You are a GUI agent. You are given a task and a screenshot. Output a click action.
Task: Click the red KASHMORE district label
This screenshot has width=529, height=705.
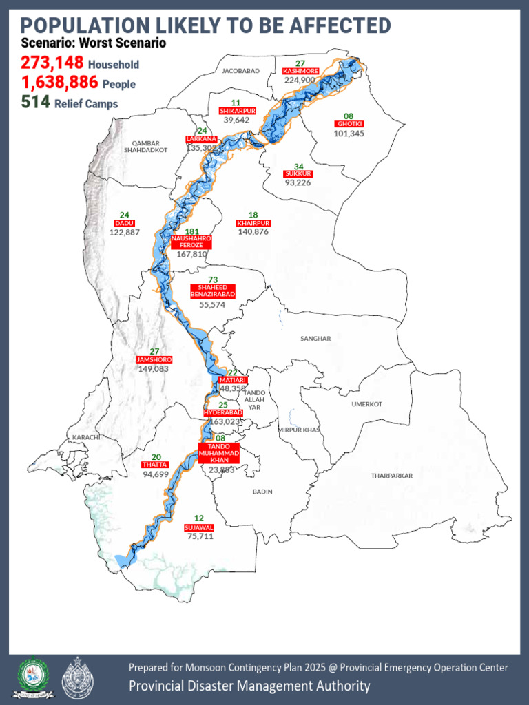click(x=300, y=71)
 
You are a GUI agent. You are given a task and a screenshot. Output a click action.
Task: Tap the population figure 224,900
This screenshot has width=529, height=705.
click(x=300, y=80)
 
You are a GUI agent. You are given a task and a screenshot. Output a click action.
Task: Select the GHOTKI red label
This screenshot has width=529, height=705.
click(x=349, y=124)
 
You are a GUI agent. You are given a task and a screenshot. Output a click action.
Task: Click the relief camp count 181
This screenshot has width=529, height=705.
click(x=192, y=231)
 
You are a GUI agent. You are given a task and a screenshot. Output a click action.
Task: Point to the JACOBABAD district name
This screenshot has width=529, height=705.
click(x=240, y=71)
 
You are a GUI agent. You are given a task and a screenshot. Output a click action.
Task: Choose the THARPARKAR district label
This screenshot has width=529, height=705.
click(x=391, y=476)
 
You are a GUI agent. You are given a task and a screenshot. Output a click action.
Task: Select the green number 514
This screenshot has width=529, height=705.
click(x=34, y=103)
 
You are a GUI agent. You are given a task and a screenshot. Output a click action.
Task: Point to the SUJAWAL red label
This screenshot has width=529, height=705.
click(x=199, y=527)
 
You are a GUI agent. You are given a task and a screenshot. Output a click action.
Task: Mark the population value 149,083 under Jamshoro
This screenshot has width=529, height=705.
click(x=154, y=369)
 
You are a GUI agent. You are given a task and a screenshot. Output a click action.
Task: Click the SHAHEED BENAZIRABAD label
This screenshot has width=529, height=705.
click(x=213, y=291)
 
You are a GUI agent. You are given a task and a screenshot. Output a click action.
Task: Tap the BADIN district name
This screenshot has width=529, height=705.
click(x=262, y=492)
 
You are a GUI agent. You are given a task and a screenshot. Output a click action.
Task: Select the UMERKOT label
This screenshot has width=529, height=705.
click(x=366, y=404)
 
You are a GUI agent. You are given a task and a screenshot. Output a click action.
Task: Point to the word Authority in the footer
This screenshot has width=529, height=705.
click(x=340, y=686)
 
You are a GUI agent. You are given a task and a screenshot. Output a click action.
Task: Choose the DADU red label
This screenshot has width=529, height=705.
click(x=125, y=223)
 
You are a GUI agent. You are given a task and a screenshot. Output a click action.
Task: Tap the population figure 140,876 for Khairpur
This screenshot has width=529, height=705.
click(x=253, y=232)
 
